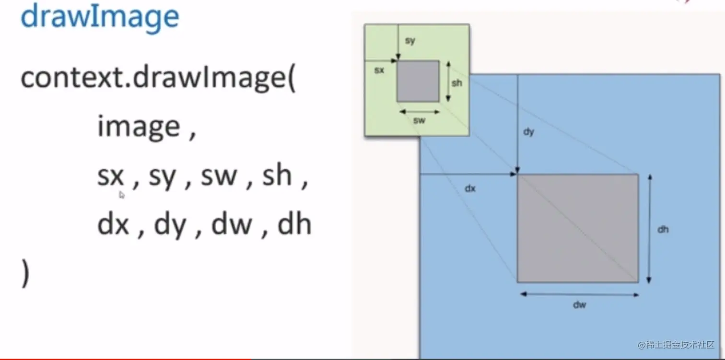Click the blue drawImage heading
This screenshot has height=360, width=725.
pos(100,17)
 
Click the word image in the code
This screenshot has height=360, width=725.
pos(139,127)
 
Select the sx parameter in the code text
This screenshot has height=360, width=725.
pos(111,176)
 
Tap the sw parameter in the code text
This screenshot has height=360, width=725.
pos(219,176)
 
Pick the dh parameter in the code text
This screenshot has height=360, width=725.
pos(294,224)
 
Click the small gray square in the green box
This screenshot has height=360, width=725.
pos(418,81)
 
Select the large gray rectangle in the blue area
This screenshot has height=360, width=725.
pos(577,228)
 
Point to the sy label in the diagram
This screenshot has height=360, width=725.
pos(410,41)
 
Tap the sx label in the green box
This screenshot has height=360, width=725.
pos(379,71)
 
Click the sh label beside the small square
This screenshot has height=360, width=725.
pos(457,82)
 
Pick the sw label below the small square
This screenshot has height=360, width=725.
pos(420,121)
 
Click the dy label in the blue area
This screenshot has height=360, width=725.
pos(528,132)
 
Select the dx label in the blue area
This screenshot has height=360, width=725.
pos(470,188)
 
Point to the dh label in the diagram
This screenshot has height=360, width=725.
pos(663,229)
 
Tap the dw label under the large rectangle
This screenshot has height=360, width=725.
pos(580,304)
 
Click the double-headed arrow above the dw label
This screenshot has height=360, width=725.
pos(580,294)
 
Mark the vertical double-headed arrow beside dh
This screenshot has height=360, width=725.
pos(650,229)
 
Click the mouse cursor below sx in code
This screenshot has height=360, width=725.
pos(122,195)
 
